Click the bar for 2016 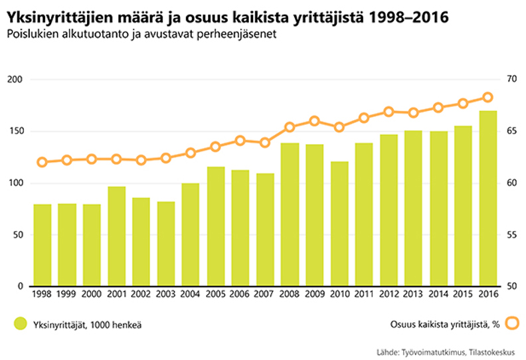488,199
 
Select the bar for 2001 117,236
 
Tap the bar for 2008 290,215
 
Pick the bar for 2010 339,224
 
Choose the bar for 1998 43,245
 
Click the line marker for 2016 487,98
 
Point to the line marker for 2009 315,121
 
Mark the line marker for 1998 43,162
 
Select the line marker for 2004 191,153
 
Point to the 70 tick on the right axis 511,80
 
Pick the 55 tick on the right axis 511,234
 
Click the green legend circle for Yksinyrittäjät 21,324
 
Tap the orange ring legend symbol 512,324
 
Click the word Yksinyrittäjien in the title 56,16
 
